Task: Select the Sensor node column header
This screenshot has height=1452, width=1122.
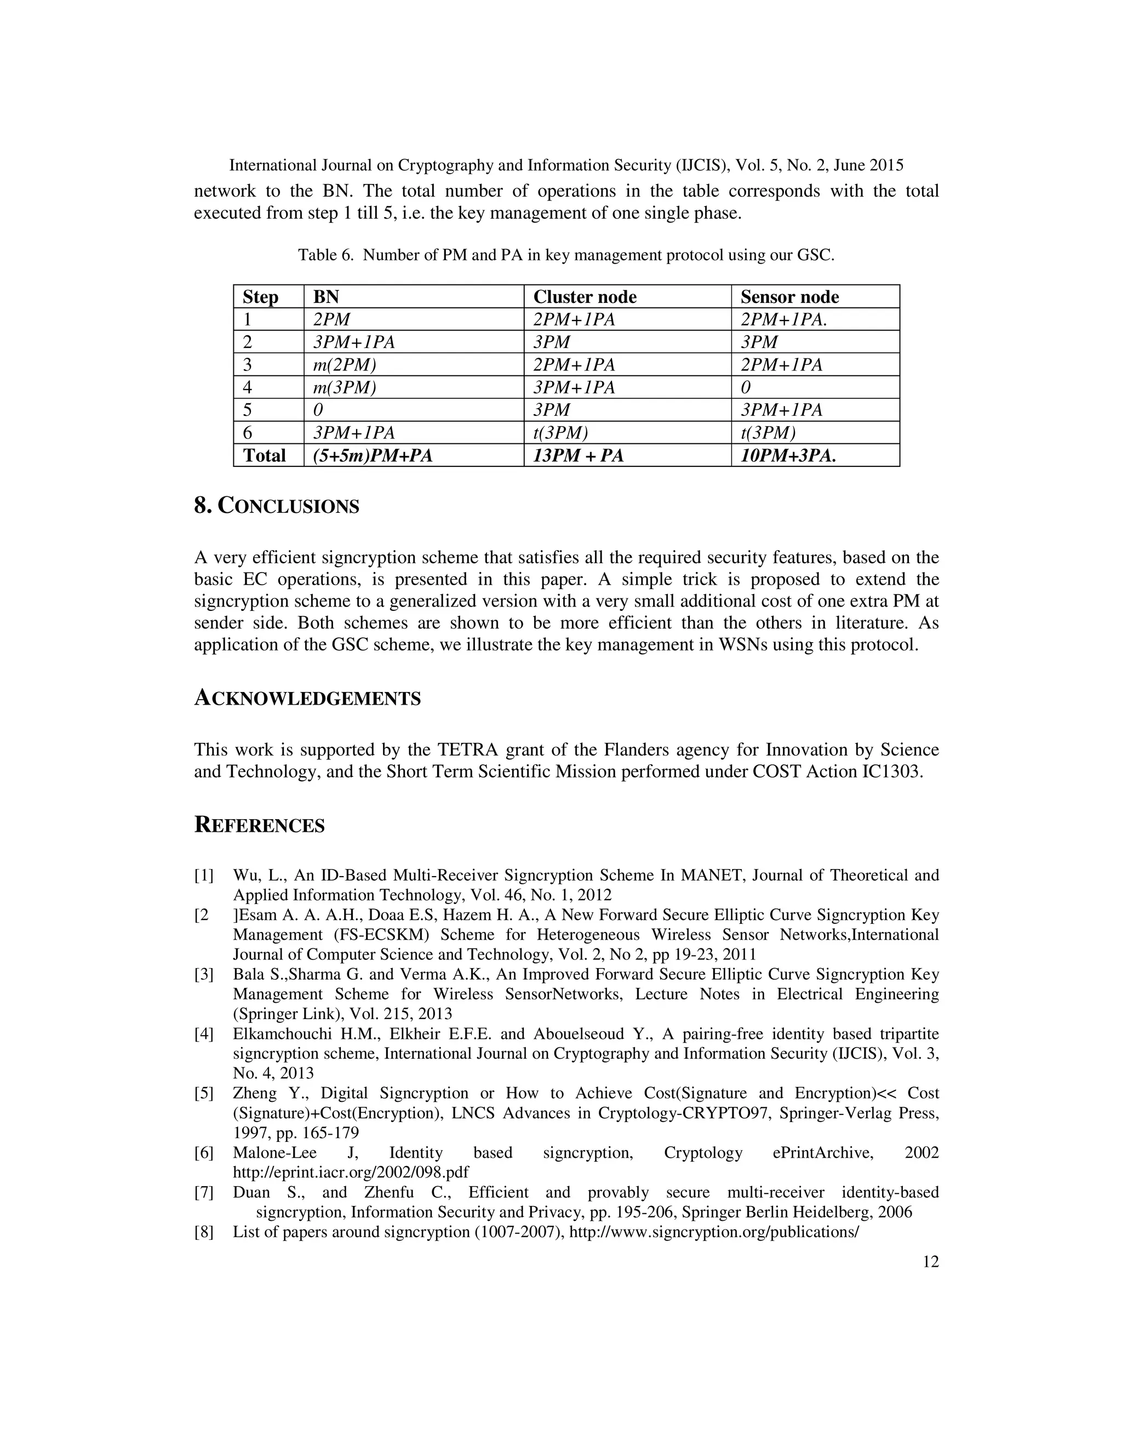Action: (789, 296)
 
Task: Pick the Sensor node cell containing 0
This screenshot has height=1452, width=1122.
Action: (745, 387)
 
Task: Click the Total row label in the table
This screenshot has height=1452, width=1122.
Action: (264, 455)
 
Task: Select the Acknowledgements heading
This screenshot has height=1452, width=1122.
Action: (307, 698)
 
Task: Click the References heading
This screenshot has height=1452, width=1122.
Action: (259, 825)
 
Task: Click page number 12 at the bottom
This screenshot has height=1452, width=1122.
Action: (931, 1262)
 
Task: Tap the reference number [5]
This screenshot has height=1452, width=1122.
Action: (203, 1093)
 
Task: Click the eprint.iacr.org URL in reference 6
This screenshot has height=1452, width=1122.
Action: (351, 1171)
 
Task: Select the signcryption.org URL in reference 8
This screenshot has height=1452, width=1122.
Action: (714, 1232)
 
